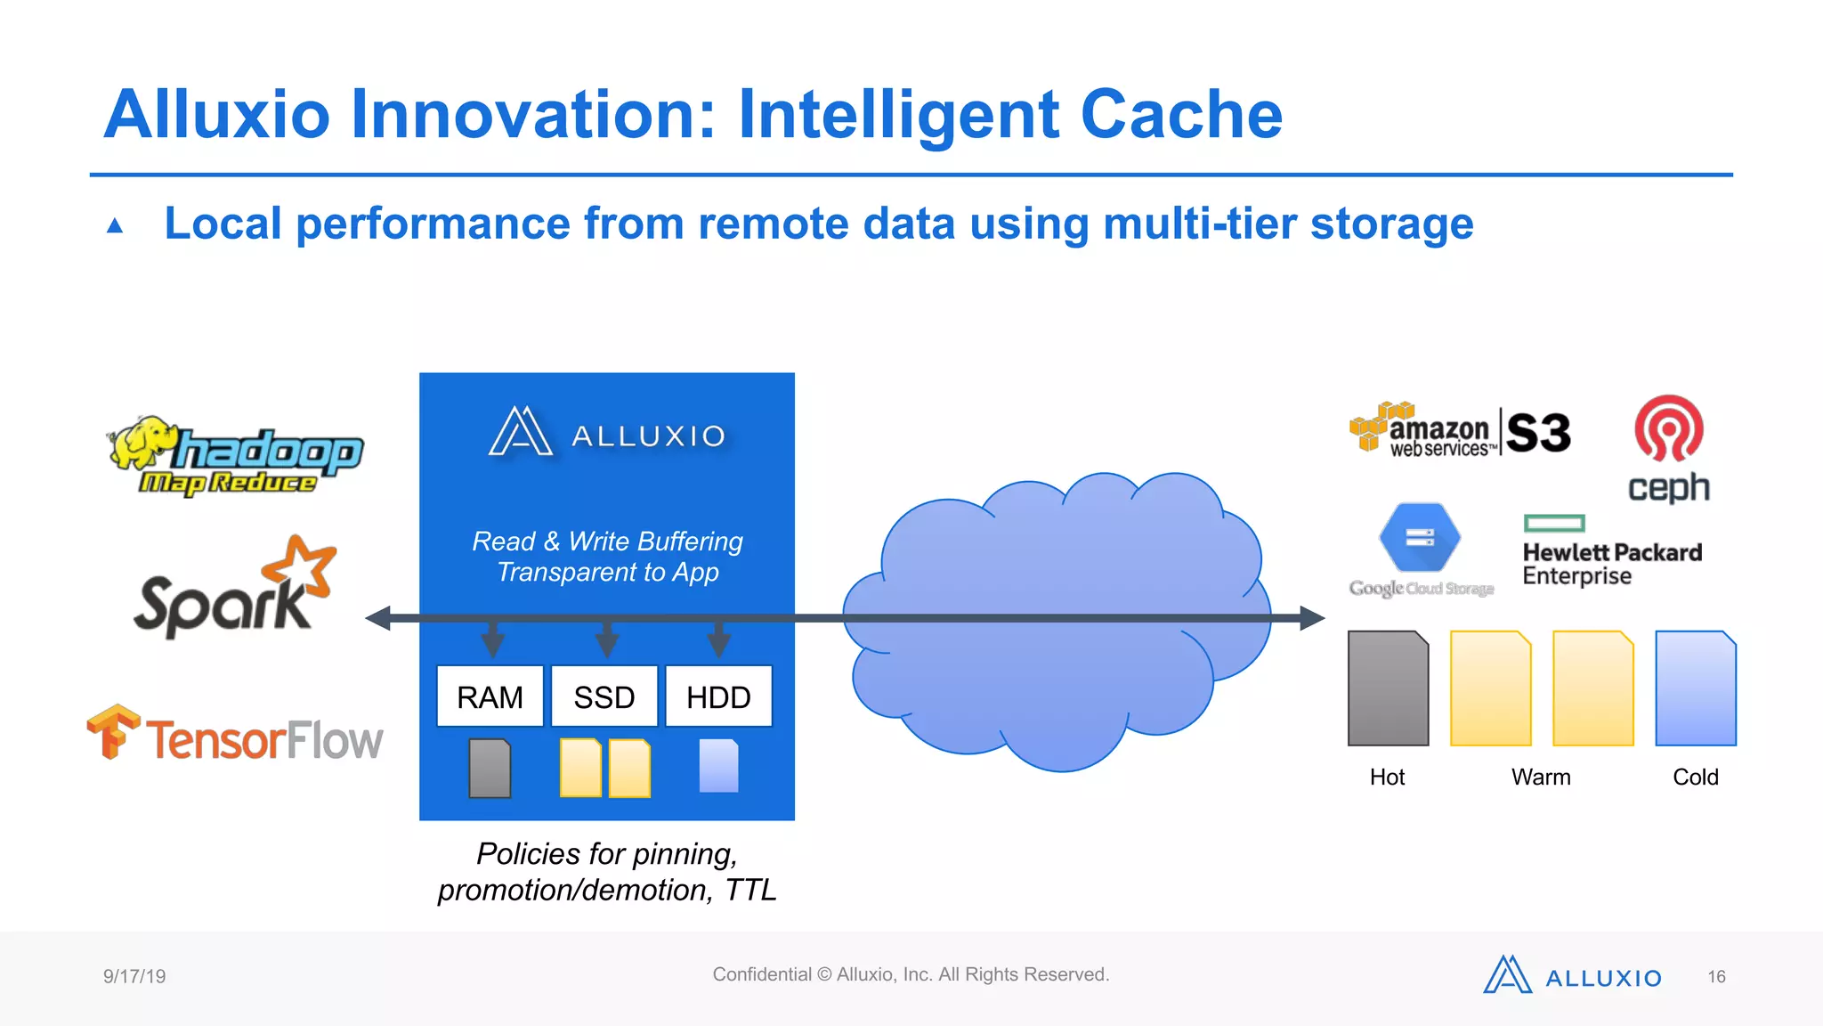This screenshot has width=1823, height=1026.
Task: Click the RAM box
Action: pos(490,696)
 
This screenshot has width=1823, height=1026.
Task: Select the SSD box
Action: pos(604,696)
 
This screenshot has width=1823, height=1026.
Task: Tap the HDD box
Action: pos(718,696)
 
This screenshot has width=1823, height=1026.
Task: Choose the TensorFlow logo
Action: pos(235,736)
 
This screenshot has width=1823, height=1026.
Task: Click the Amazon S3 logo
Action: pos(1460,431)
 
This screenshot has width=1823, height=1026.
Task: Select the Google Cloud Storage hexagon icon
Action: pos(1420,537)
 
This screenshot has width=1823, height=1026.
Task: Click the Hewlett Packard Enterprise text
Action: pos(1611,564)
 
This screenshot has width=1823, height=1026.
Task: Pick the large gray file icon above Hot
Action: pos(1388,688)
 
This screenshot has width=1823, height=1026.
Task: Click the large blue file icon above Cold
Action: pos(1696,688)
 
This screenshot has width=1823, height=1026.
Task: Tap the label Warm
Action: pos(1541,778)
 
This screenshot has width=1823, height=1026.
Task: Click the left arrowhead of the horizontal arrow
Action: pos(379,618)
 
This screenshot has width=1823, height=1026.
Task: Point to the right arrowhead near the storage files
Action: pos(1312,618)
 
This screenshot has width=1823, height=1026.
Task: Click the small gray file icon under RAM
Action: pos(490,768)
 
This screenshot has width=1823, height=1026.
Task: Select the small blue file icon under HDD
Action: pos(719,766)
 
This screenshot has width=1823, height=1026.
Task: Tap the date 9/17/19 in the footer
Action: pos(134,976)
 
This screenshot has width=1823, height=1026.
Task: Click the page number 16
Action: pos(1716,977)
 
